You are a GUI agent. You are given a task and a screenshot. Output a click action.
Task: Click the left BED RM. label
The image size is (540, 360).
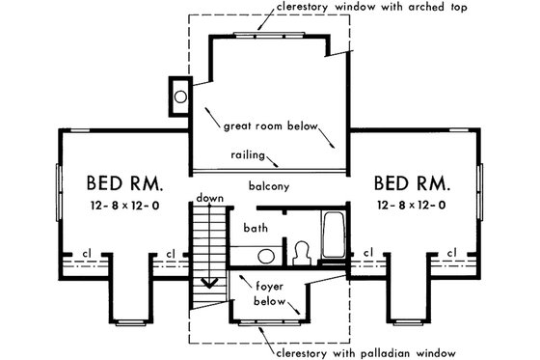point(124,182)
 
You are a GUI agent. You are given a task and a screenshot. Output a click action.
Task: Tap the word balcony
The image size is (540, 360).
point(269,185)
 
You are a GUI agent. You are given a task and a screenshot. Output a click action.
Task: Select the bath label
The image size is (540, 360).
point(256,229)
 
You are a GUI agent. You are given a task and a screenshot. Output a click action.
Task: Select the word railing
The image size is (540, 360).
point(250,154)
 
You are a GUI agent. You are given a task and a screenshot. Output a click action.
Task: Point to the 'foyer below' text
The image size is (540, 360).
point(270,293)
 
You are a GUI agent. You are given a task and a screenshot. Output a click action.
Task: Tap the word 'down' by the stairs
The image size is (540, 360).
point(209,199)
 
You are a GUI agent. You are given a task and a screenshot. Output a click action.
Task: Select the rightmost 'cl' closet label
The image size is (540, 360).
point(450,255)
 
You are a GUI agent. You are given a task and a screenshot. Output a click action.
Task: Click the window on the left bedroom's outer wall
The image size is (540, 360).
point(57,191)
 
